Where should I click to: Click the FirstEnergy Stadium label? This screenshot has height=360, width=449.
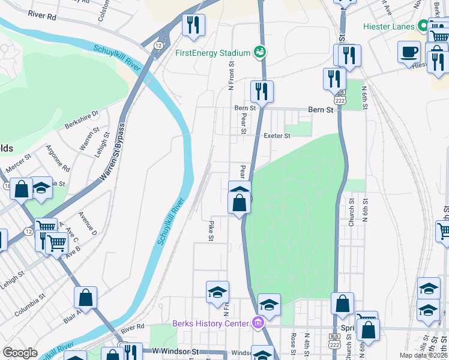[x=212, y=53]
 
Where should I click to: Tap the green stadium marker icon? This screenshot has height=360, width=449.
[x=260, y=52]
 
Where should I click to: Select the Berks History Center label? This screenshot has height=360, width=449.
[x=210, y=323]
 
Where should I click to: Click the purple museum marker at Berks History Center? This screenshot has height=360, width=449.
[x=258, y=323]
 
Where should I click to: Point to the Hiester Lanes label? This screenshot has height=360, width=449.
[x=389, y=27]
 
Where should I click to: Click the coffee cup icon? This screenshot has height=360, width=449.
[x=409, y=51]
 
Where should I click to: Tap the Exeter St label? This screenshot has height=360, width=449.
[x=277, y=136]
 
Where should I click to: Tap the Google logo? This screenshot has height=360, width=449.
[x=20, y=353]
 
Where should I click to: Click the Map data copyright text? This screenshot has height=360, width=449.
[x=424, y=355]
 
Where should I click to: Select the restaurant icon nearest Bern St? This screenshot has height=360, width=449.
[x=262, y=91]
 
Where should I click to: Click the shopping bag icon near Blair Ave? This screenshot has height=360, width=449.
[x=85, y=297]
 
